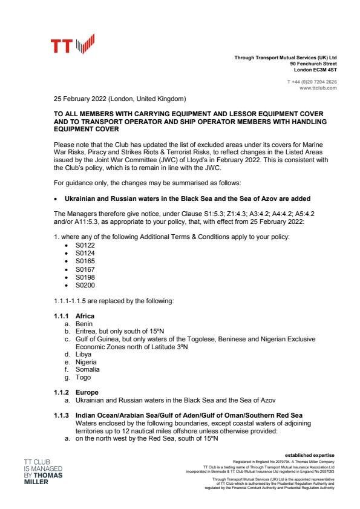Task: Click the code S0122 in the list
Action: click(85, 244)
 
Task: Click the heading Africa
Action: click(85, 316)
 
